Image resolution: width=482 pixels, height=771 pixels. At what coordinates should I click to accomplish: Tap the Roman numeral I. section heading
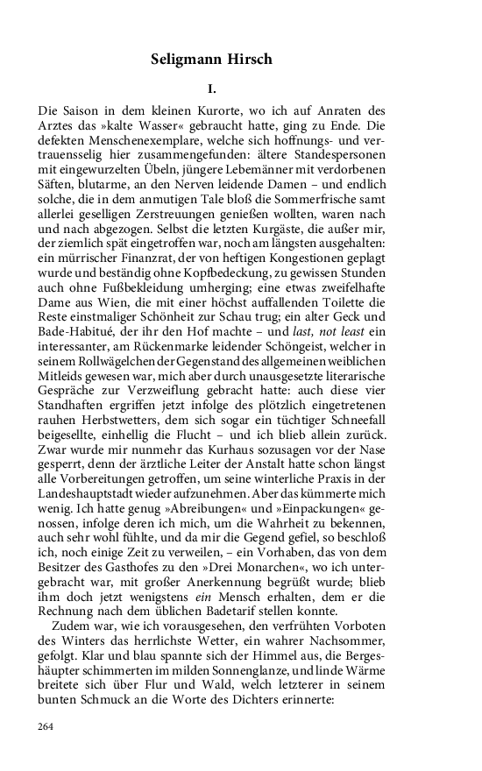(x=212, y=89)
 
